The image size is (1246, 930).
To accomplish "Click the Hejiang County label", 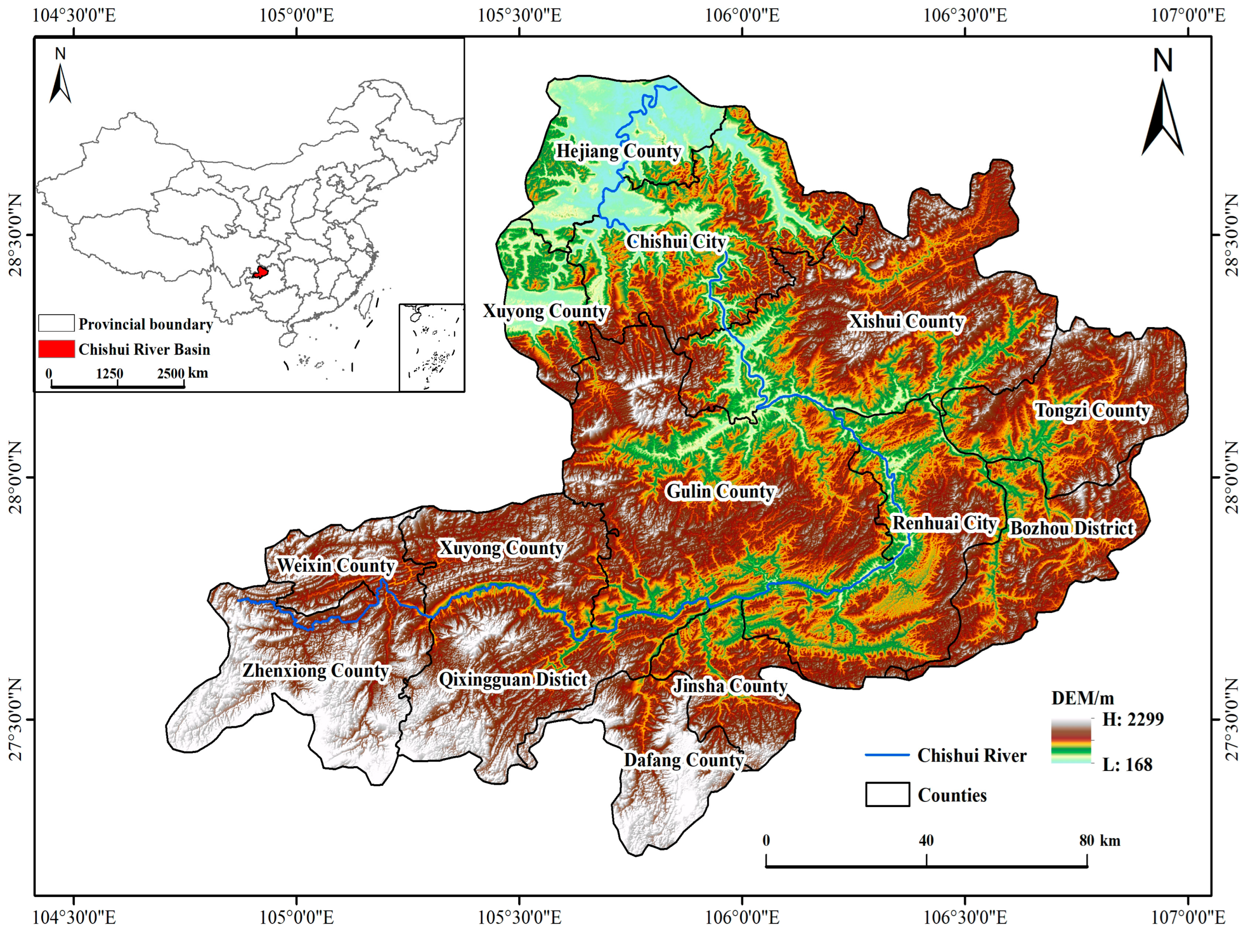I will point(619,152).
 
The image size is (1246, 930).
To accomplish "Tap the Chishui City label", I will point(676,242).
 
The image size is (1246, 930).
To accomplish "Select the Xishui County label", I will point(907,321).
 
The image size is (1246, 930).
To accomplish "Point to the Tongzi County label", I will point(1092,411).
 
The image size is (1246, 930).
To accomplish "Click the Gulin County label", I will point(721,492).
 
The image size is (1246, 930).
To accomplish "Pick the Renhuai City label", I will point(944,524).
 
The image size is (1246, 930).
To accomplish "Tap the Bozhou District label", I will point(1071,528).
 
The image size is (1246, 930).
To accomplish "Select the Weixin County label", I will point(336,566).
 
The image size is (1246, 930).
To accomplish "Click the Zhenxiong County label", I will point(316,671).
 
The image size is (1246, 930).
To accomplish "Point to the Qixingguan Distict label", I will point(512,680).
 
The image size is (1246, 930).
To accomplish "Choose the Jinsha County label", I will point(730,686).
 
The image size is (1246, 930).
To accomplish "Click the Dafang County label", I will point(683,761).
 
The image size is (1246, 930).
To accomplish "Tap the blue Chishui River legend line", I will point(887,755).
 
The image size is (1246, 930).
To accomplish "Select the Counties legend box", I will point(887,794).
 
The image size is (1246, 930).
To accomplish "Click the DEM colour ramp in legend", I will point(1070,740).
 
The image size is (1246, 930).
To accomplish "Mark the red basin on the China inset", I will point(260,272).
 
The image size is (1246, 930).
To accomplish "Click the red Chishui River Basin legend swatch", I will point(56,349).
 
